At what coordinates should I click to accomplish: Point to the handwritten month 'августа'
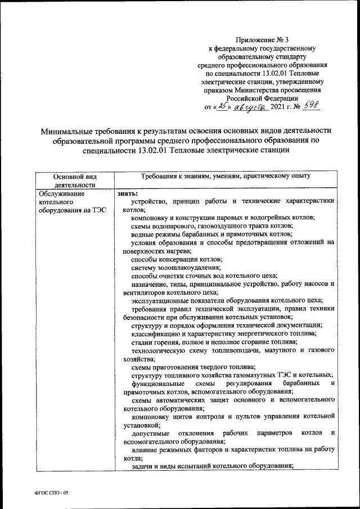click(x=253, y=106)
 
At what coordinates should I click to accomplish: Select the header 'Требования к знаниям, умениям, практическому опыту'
click(x=226, y=176)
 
